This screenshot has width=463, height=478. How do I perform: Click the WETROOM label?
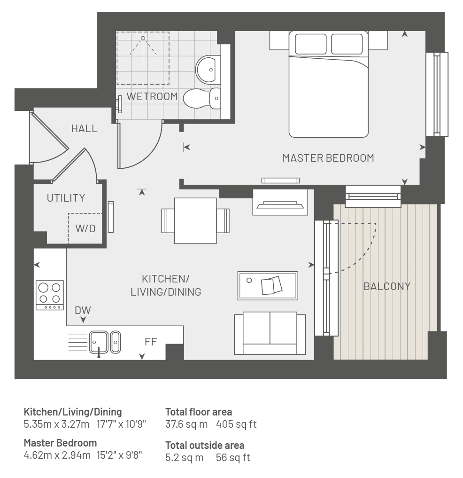[x=152, y=96]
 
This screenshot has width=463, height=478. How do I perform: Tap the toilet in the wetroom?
[x=202, y=98]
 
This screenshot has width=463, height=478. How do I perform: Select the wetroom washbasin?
[x=208, y=70]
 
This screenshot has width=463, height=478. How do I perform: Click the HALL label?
[x=85, y=129]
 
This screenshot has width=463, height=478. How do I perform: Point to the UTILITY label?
[x=66, y=198]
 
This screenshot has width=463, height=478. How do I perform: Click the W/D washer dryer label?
[x=85, y=228]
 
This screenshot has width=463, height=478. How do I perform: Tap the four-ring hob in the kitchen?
[x=50, y=295]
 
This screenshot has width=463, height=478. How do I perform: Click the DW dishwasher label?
[x=83, y=310]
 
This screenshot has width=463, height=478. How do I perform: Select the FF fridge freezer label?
[x=151, y=342]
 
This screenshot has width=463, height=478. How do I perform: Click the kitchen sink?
[x=105, y=343]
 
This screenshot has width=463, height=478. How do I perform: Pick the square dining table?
[x=195, y=221]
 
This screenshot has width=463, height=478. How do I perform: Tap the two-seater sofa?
[x=270, y=333]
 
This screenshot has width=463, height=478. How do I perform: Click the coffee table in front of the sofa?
[x=268, y=286]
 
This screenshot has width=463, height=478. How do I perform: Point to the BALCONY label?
[x=387, y=286]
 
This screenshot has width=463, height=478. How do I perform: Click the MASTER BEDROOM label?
[x=328, y=158]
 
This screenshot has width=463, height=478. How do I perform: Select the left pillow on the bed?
[x=311, y=44]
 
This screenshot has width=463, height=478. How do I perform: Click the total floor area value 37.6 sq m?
[x=186, y=424]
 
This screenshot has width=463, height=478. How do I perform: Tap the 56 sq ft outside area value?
[x=233, y=458]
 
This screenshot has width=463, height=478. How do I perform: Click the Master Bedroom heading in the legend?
[x=60, y=443]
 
